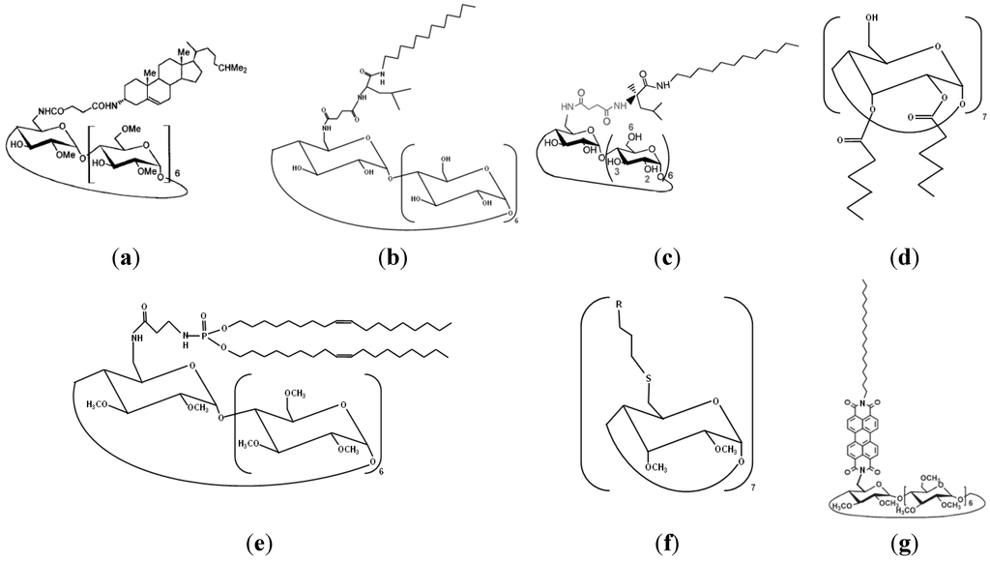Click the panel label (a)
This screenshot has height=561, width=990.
point(126,258)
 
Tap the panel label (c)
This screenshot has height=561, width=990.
point(667,258)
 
